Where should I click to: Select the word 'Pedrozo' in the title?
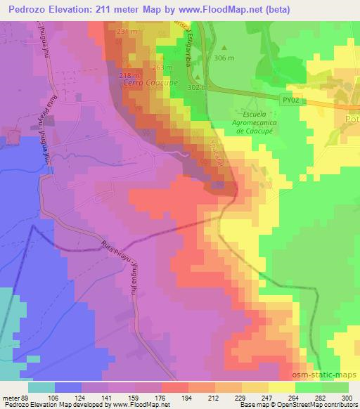[25, 9]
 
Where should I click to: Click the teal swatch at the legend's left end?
[41, 387]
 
